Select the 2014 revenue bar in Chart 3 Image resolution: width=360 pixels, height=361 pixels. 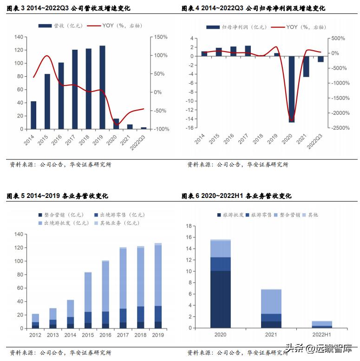coord(33,115)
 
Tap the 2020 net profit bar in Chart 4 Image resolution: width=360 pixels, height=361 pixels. coord(292,89)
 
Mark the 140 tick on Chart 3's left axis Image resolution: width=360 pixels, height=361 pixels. coord(19,37)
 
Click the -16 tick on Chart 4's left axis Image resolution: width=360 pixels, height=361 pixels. coord(189,128)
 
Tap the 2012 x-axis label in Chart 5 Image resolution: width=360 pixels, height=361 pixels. coord(35,335)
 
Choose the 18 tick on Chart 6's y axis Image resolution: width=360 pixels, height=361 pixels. coord(189,226)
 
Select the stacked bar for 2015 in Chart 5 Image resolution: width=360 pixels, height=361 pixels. coord(88,300)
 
